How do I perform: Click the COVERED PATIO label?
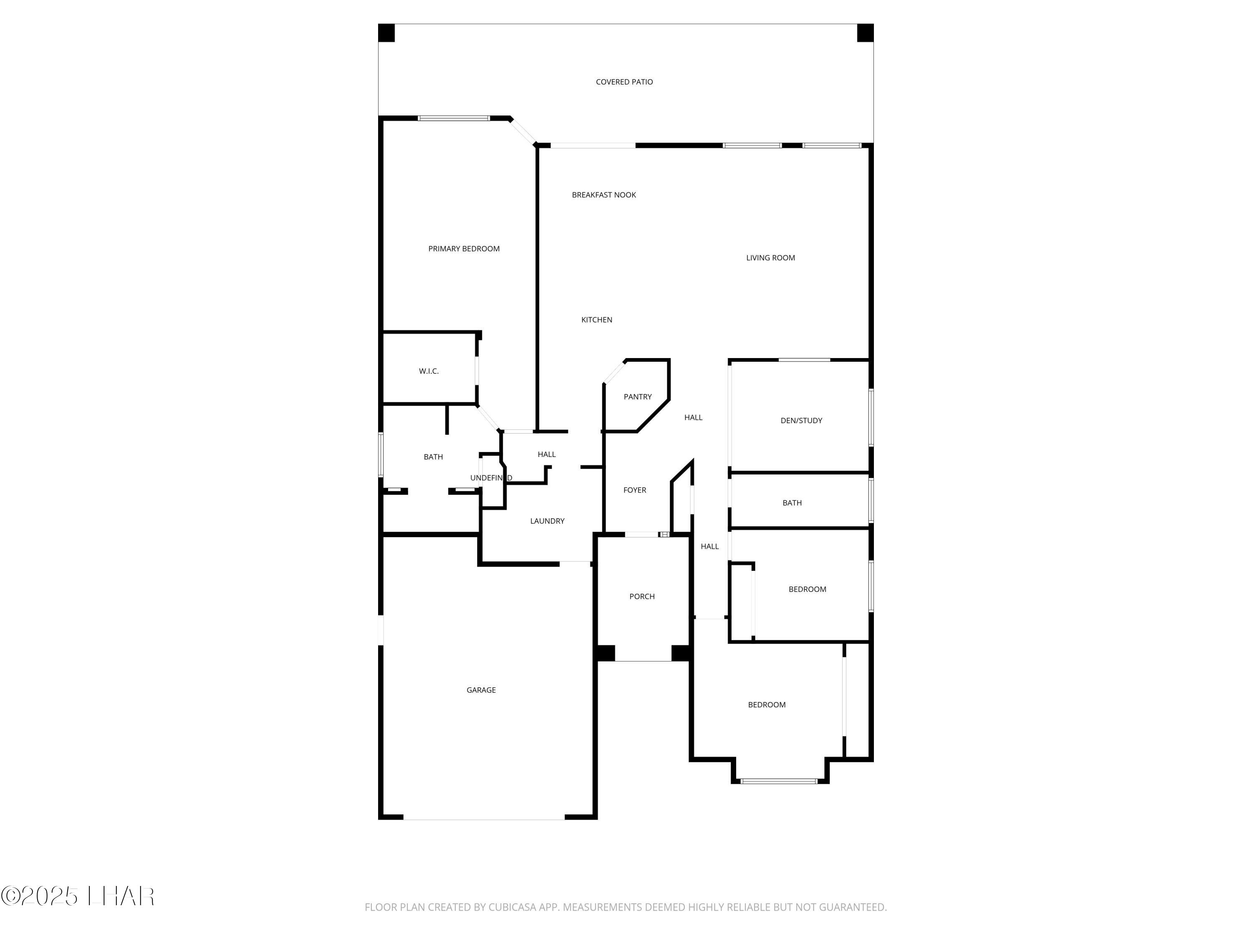624,82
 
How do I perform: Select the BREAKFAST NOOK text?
603,195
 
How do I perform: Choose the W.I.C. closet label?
429,371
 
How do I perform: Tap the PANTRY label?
637,397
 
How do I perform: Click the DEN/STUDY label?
801,421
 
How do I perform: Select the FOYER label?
634,490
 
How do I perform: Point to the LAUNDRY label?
547,521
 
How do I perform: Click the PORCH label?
642,596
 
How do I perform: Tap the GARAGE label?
481,690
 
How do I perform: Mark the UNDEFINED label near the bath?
491,478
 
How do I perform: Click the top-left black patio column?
386,33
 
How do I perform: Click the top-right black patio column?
865,33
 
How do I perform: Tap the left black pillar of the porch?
606,653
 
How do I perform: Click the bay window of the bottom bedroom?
779,781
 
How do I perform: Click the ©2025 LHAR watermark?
78,896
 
